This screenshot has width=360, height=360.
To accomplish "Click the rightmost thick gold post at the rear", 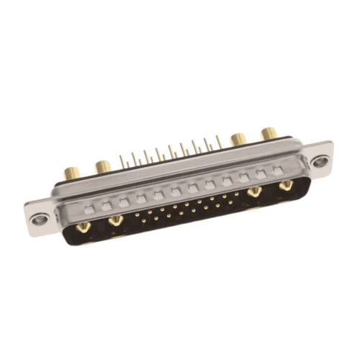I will pos(269,133).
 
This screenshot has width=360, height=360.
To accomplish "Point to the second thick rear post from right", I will pos(237,138).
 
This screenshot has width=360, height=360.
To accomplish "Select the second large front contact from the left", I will pos(115,221).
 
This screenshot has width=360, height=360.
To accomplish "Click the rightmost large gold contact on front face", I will pos(286,187).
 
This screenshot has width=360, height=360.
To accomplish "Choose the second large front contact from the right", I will pos(253,193).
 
